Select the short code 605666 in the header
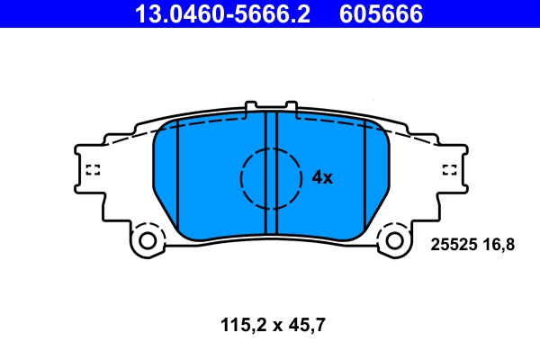[381, 13]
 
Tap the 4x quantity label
[322, 178]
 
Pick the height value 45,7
[305, 321]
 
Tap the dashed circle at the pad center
[271, 177]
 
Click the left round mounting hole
[148, 240]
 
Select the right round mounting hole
[393, 240]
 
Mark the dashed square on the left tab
[91, 169]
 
